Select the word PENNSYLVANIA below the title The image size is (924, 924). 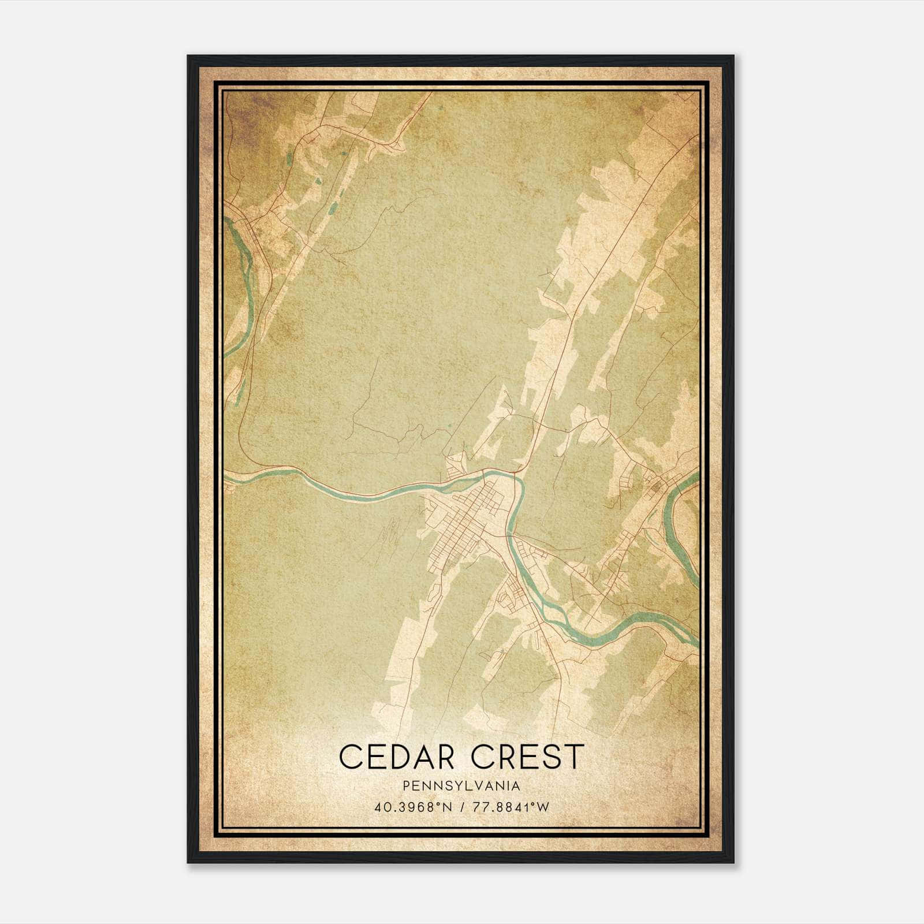pyautogui.click(x=461, y=786)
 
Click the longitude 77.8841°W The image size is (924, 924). pyautogui.click(x=511, y=807)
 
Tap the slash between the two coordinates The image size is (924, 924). pyautogui.click(x=462, y=807)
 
